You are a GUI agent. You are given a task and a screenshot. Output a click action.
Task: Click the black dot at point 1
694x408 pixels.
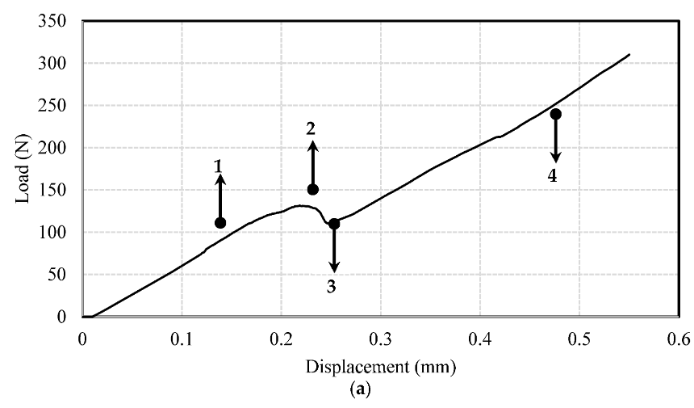click(220, 223)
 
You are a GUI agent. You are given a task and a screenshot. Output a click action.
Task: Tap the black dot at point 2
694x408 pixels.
click(313, 190)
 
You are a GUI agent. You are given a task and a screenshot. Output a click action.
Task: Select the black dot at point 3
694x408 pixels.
click(334, 224)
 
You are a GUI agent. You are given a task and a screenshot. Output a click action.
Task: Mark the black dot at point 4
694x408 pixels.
click(555, 114)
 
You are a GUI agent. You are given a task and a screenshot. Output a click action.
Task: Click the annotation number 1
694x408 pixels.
click(218, 166)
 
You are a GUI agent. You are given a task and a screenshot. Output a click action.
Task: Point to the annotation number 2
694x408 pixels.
click(311, 128)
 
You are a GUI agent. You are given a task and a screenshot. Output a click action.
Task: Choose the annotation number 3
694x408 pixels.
click(332, 287)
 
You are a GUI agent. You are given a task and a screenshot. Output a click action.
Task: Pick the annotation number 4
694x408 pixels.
click(552, 176)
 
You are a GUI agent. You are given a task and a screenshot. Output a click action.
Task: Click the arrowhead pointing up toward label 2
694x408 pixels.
click(313, 145)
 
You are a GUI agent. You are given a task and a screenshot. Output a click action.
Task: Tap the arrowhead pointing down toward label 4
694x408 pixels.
click(555, 158)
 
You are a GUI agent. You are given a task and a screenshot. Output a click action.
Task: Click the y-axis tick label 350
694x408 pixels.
click(52, 21)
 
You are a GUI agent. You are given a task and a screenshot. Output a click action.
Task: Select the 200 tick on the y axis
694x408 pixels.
click(52, 148)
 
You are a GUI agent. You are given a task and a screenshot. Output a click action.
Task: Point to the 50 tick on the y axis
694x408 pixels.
click(56, 274)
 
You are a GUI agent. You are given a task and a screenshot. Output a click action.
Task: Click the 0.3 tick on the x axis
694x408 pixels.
click(381, 339)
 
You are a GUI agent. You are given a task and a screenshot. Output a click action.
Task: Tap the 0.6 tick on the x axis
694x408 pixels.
click(679, 339)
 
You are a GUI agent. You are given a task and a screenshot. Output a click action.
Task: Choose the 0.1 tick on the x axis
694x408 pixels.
click(182, 339)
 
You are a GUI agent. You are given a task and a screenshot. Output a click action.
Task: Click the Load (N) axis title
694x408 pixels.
click(22, 169)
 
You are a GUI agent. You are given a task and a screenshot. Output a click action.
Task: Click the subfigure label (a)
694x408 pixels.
click(360, 389)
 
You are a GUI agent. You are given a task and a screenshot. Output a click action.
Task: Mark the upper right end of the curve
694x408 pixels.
click(629, 54)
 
